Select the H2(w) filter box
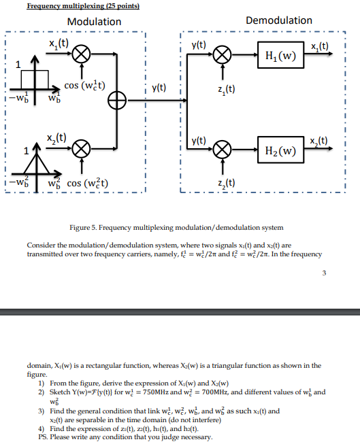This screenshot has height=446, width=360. click(x=278, y=150)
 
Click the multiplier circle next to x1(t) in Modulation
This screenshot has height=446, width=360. click(x=82, y=54)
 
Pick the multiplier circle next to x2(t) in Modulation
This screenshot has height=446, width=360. click(x=82, y=149)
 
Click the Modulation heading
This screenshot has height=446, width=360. click(x=94, y=21)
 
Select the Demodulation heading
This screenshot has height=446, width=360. click(x=278, y=20)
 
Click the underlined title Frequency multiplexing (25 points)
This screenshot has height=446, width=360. click(x=83, y=6)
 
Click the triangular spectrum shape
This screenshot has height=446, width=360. click(x=37, y=166)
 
